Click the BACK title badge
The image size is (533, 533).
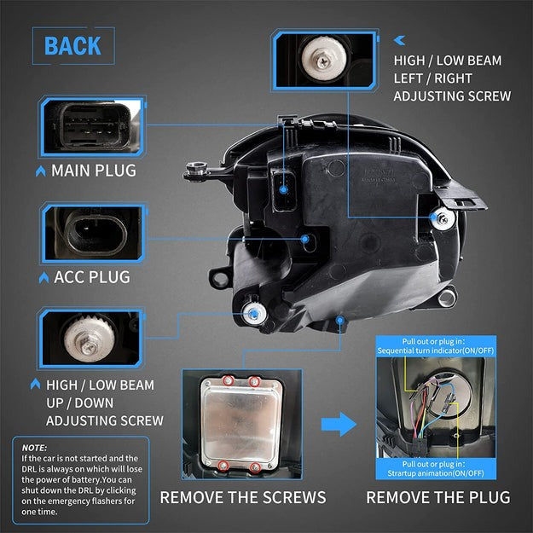click(72, 45)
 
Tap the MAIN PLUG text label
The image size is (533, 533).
click(93, 171)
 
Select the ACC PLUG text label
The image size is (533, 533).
click(90, 277)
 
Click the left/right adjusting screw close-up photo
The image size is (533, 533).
click(323, 60)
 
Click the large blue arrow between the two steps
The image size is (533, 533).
click(339, 422)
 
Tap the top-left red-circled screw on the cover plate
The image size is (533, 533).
click(229, 380)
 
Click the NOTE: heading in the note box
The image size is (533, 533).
click(35, 446)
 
